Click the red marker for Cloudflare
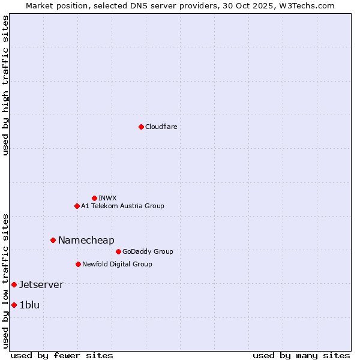141,127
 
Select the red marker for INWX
94,198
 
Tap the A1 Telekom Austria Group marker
77,206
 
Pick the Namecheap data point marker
53,240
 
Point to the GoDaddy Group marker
118,251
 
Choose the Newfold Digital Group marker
78,264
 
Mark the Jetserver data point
14,284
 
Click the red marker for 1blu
14,305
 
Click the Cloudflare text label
161,127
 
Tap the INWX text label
107,198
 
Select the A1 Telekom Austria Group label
122,206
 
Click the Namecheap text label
86,240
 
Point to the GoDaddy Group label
148,251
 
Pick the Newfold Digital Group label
117,264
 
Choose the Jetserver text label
41,284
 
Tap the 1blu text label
29,305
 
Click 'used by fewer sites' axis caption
62,355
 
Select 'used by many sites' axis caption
301,355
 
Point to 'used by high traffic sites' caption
5,85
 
